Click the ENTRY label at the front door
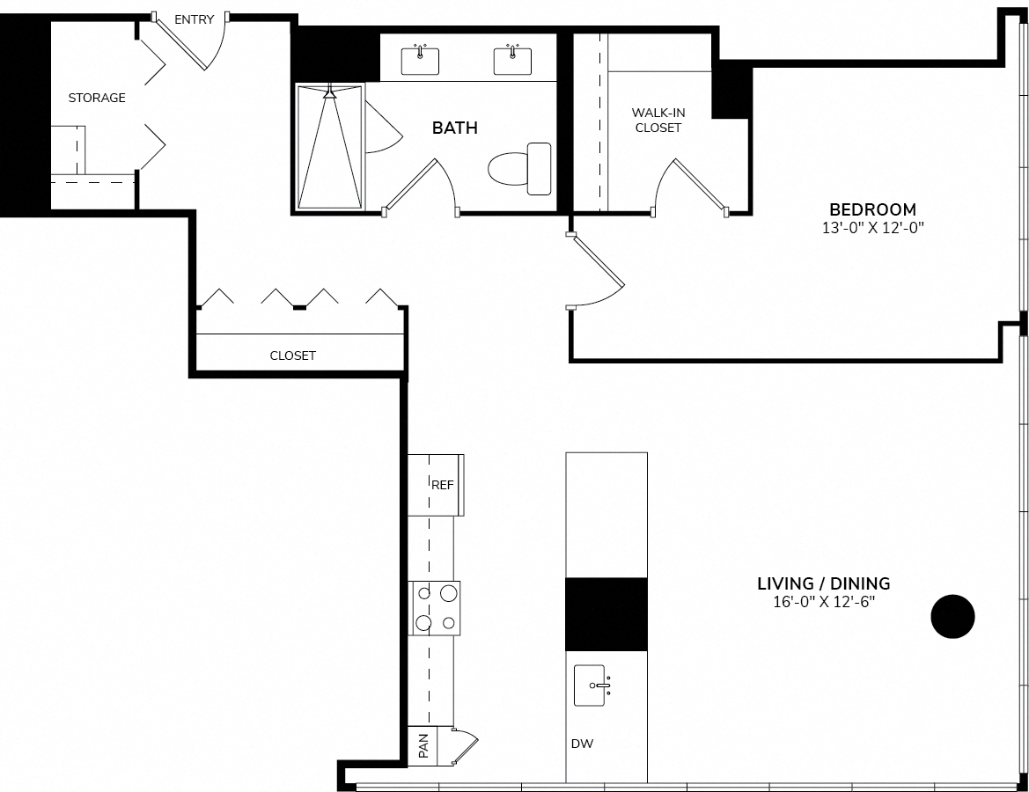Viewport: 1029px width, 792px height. point(195,19)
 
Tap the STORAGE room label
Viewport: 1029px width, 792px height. point(97,98)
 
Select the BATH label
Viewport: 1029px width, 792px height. point(455,128)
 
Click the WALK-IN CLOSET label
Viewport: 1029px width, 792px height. point(658,120)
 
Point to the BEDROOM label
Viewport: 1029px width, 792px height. point(873,209)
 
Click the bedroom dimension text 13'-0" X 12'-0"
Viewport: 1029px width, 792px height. point(873,228)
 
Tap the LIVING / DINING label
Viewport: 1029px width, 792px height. point(824,583)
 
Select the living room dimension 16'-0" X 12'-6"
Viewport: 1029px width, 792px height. point(824,602)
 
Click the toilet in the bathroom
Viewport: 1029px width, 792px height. point(519,169)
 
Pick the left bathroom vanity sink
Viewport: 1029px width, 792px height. point(420,61)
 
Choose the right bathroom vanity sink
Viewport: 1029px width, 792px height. point(512,61)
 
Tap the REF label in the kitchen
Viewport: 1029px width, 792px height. point(442,485)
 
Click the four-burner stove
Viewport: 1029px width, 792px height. point(435,607)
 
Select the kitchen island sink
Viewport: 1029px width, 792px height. point(590,686)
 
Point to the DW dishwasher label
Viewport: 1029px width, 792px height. point(582,744)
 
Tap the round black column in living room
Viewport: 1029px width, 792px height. point(953,616)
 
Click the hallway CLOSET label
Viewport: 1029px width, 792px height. point(293,356)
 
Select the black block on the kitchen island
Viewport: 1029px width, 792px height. point(606,614)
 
